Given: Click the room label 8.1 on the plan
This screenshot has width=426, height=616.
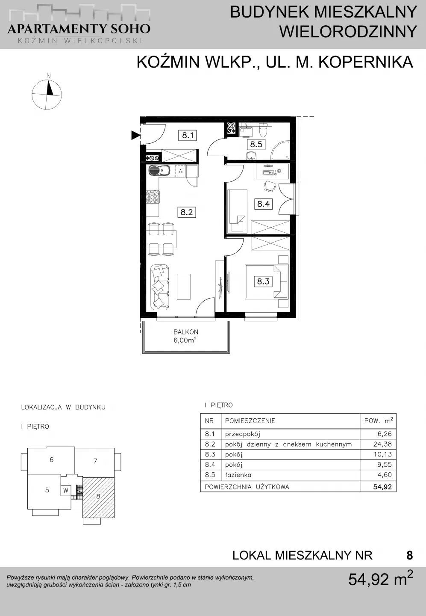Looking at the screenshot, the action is coord(188,135).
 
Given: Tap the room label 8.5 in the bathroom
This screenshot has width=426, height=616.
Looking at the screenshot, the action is coord(256,144).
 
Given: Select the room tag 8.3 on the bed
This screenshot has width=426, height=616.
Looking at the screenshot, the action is coord(263,281).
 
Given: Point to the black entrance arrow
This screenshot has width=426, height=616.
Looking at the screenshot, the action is coord(135,135).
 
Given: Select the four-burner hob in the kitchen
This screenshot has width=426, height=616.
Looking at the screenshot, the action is coord(153,197).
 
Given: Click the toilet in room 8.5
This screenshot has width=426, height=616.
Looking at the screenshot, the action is coord(264,130).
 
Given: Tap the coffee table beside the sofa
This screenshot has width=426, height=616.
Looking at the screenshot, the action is coord(183,286).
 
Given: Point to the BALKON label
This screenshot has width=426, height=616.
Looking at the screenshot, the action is coord(186,332).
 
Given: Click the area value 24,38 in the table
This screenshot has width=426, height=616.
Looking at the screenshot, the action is coord(382,444).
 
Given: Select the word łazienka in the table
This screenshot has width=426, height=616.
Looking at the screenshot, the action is coord(238,475).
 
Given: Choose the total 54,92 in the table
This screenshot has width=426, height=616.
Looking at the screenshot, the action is coord(382,487).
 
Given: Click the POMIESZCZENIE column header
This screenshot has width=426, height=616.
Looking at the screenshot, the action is coord(250,421).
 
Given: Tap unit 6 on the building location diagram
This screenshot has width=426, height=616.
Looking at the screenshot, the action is coord(51,459).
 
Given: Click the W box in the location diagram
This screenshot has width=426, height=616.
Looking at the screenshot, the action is coord(66,491).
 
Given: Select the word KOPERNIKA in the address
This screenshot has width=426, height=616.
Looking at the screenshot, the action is coord(366,62).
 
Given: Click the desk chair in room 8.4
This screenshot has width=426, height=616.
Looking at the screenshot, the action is coord(270,187).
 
